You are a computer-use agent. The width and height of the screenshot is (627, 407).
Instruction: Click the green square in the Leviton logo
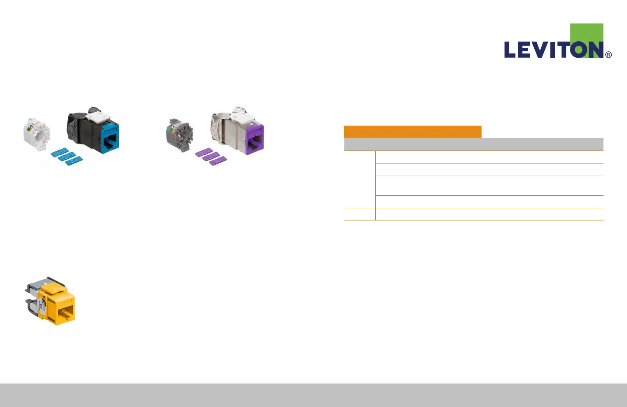click(587, 33)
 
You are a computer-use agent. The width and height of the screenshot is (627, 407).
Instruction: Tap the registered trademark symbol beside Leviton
click(608, 55)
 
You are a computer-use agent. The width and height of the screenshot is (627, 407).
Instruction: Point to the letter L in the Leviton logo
click(509, 50)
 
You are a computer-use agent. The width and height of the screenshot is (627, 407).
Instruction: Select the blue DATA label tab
click(59, 152)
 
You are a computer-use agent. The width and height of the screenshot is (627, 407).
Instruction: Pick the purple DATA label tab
click(203, 152)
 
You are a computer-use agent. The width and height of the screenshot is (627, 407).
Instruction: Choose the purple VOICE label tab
click(211, 157)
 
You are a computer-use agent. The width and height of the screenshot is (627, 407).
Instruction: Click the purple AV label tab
click(218, 161)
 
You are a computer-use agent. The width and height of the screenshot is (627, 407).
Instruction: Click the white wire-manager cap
click(36, 133)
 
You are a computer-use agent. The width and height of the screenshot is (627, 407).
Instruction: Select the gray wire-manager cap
click(179, 134)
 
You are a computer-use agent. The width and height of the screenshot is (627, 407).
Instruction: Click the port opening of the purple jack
click(254, 140)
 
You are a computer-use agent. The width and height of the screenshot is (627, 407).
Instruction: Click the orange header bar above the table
click(412, 132)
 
